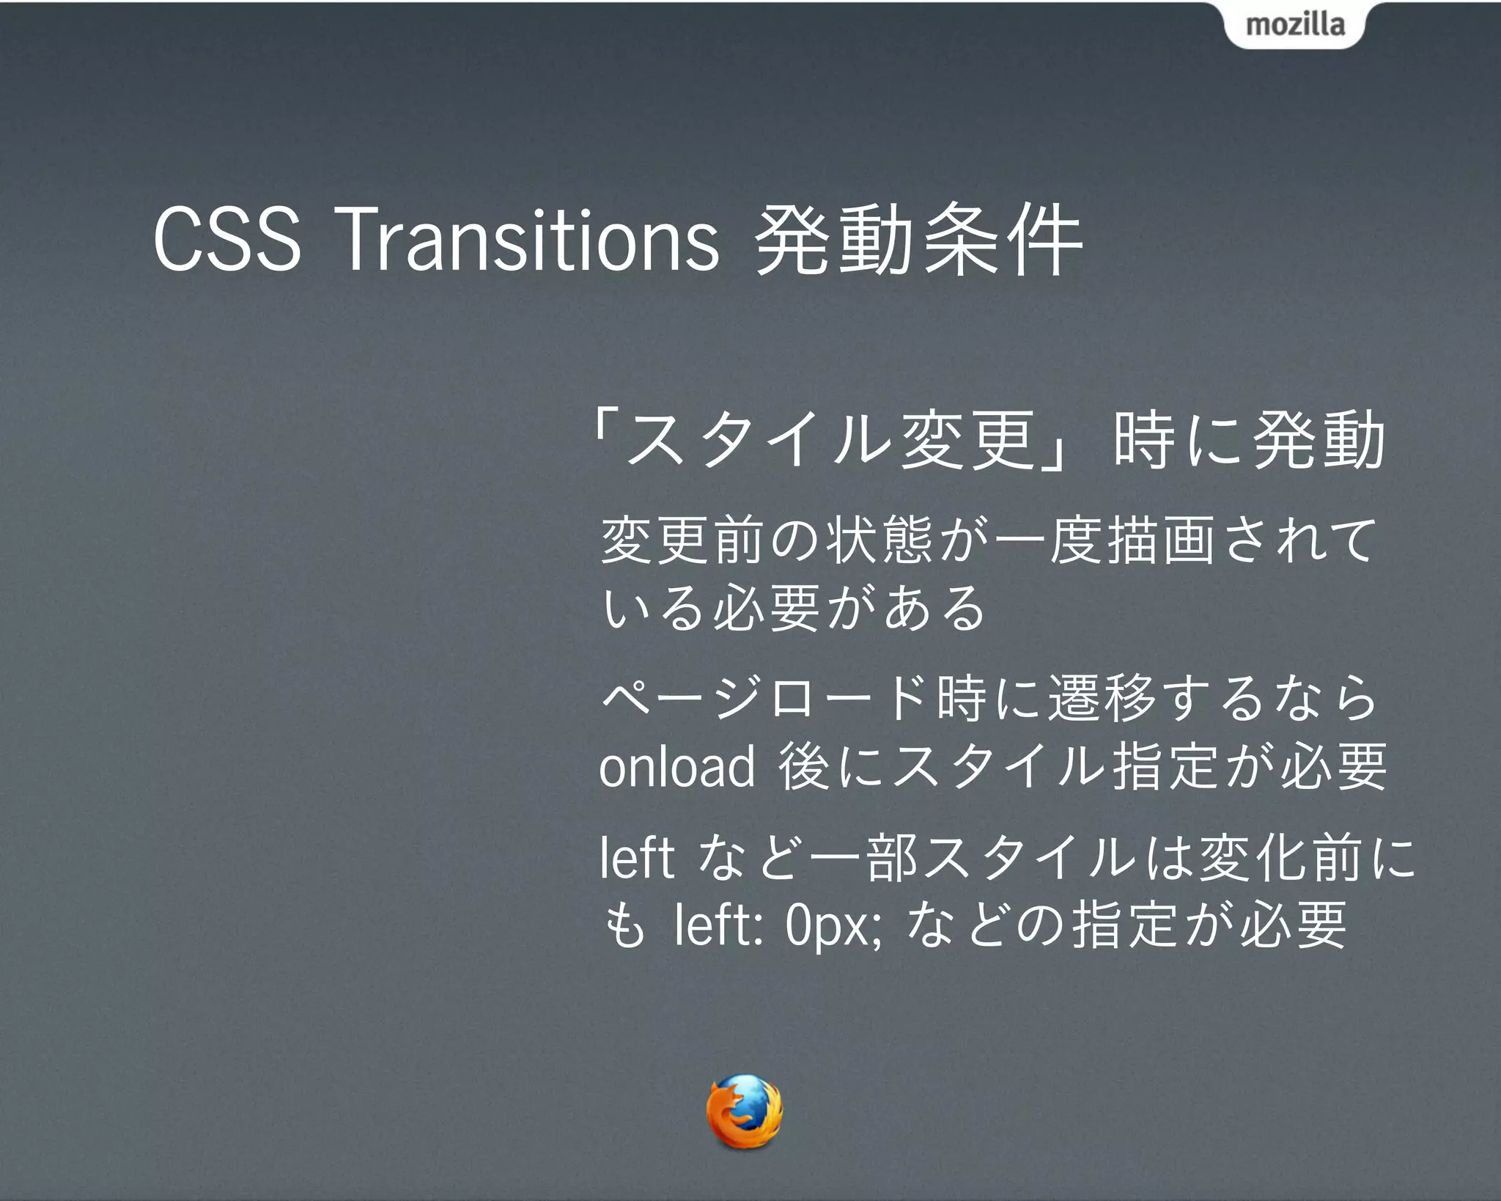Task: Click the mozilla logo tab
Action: point(1294,25)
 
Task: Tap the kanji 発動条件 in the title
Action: point(918,240)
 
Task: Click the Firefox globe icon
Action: point(744,1112)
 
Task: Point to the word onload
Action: point(676,766)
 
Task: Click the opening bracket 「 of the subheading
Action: point(605,440)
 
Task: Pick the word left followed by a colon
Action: point(718,925)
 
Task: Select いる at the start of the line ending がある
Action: point(652,608)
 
